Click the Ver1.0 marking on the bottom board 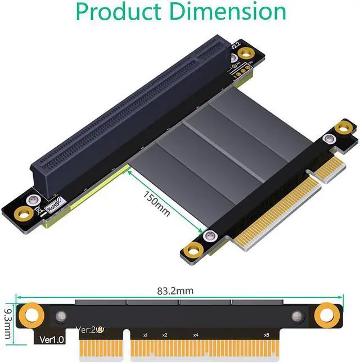52,340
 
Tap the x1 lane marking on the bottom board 145,335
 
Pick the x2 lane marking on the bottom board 164,335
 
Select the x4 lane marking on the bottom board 196,335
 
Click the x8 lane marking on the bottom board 266,335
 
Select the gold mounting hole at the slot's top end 245,53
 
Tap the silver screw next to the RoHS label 34,199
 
